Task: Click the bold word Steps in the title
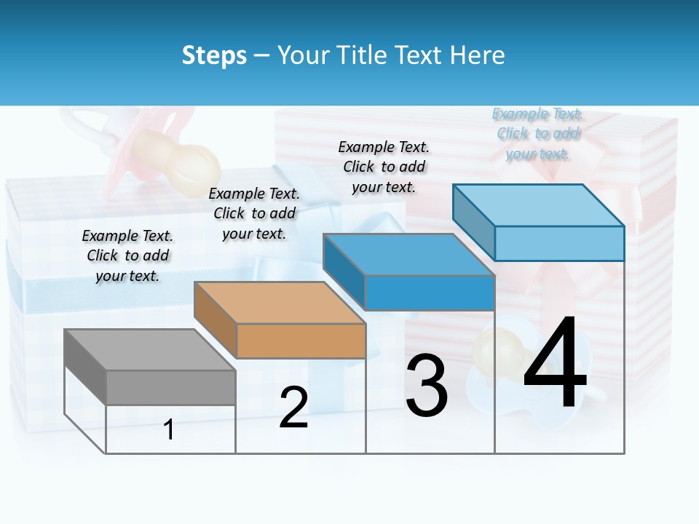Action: [x=214, y=55]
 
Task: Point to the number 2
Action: [x=293, y=407]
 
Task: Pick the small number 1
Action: [x=169, y=429]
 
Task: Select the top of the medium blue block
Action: [x=408, y=254]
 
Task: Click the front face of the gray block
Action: [x=171, y=387]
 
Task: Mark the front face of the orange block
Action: [x=301, y=340]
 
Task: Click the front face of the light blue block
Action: [x=559, y=243]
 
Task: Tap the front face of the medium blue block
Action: [x=430, y=292]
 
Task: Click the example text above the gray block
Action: [x=127, y=255]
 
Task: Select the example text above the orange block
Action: [x=254, y=213]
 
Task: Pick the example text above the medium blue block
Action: [x=384, y=167]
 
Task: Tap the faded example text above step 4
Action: [x=537, y=133]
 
